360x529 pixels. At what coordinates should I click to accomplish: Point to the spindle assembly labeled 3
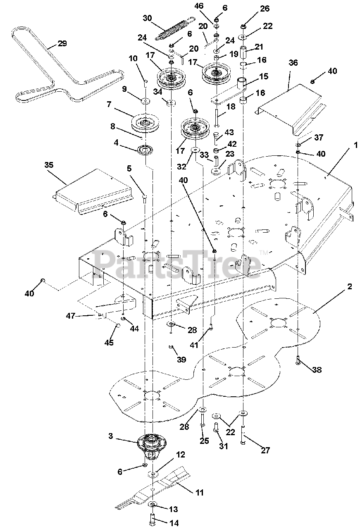coord(152,446)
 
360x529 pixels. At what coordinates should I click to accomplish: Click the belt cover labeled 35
coord(93,190)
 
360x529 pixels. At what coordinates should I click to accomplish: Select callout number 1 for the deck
coord(355,145)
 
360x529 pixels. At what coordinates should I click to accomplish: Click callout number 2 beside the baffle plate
coord(350,286)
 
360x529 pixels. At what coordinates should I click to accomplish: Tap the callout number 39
coord(181,360)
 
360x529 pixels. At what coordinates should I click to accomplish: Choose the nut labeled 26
coord(243,27)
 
